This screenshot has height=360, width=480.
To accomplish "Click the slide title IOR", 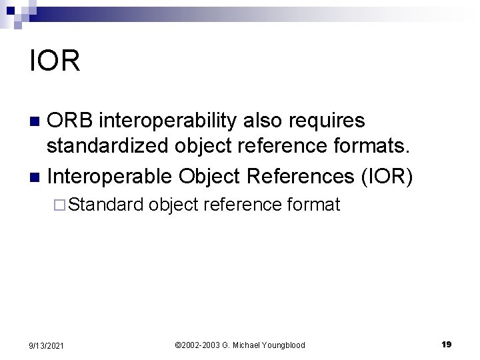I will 55,61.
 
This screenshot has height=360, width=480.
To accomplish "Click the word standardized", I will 110,148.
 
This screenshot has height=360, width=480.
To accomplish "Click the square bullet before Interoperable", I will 35,177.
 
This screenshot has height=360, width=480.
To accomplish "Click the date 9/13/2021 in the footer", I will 47,345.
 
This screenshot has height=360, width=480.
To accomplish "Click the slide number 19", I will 446,344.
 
